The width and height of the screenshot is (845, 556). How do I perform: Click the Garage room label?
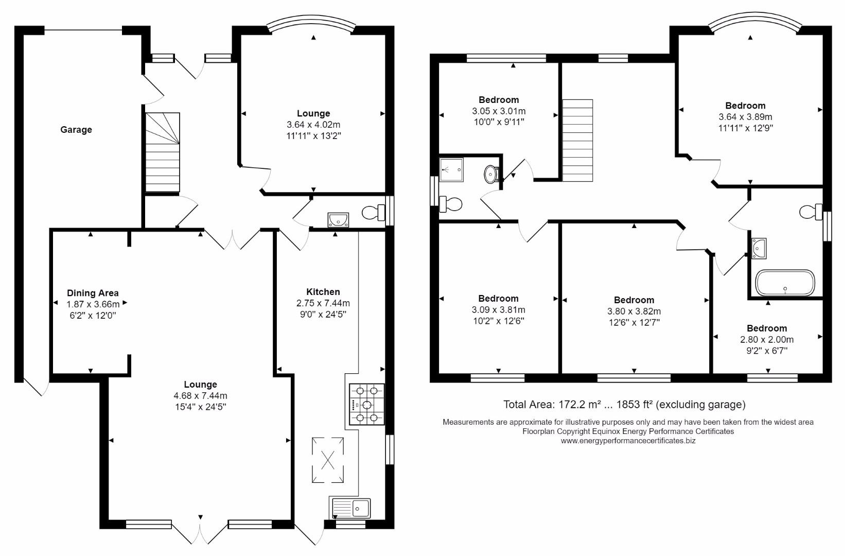[76, 129]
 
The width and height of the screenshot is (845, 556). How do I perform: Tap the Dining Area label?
[93, 293]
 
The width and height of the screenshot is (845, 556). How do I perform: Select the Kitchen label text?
[323, 292]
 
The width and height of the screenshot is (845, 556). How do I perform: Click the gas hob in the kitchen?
[367, 404]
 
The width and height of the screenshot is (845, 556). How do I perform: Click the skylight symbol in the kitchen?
[328, 460]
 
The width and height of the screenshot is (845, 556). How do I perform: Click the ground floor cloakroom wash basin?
[339, 220]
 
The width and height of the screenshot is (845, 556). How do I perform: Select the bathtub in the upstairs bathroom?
[785, 283]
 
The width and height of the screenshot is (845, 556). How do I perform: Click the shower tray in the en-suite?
[451, 170]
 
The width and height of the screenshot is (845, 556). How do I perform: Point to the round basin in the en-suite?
[491, 174]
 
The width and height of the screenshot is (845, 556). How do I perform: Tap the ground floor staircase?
[163, 152]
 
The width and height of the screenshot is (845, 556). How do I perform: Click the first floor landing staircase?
[577, 141]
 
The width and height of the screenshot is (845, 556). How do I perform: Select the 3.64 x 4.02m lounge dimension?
[313, 125]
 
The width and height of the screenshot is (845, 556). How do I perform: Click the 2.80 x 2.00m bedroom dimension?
[767, 340]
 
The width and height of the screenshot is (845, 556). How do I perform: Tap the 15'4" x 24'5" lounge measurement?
[200, 407]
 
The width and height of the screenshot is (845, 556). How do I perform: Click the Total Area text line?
[624, 405]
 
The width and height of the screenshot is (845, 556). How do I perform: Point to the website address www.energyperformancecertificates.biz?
[628, 441]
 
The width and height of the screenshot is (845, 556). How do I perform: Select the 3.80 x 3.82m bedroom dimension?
[634, 311]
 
